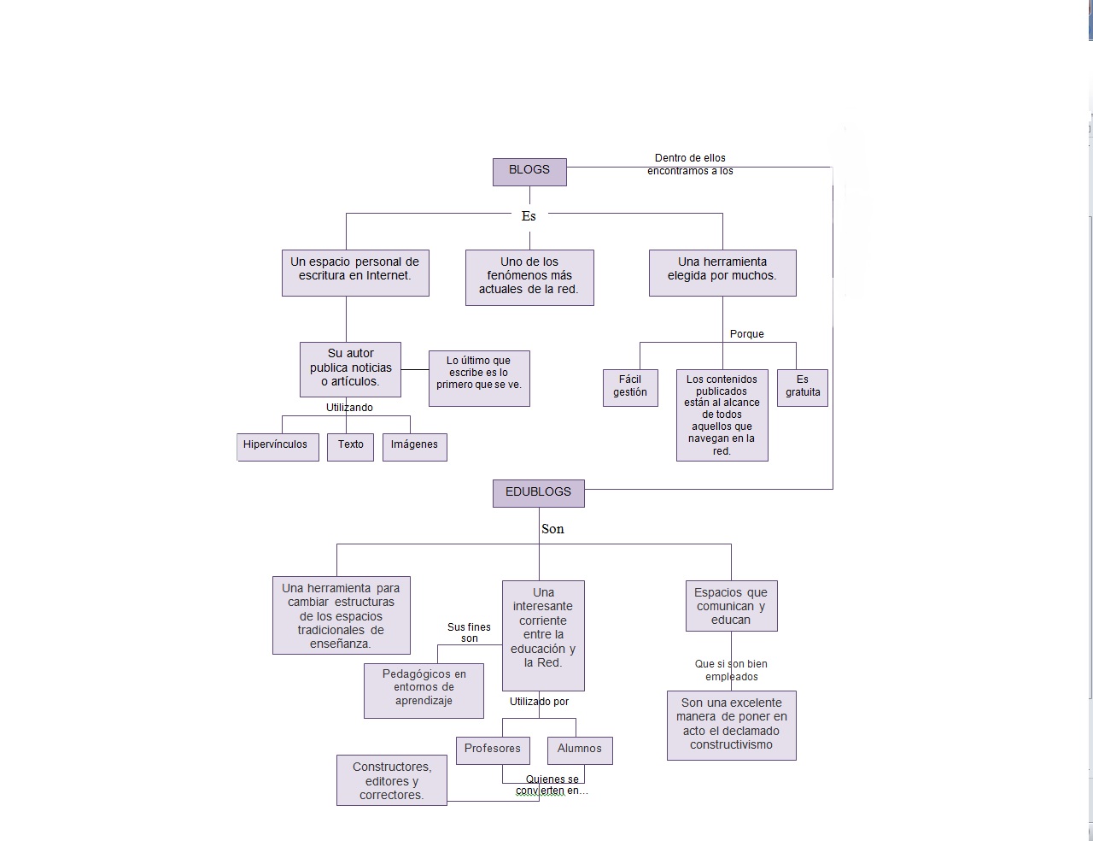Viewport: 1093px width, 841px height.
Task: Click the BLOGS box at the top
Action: [x=529, y=171]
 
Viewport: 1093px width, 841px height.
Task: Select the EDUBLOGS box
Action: [x=538, y=492]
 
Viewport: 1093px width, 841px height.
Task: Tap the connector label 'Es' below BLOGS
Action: [x=529, y=216]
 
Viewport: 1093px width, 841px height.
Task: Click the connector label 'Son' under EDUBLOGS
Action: [x=552, y=529]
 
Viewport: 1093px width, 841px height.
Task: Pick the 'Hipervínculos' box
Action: [x=277, y=445]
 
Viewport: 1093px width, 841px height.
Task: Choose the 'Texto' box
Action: [x=350, y=445]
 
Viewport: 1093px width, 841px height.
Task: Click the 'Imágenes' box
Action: [x=414, y=445]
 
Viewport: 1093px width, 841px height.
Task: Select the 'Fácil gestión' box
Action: [x=630, y=386]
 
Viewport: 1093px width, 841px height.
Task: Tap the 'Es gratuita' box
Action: [x=803, y=386]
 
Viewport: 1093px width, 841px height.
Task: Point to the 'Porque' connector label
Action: [x=747, y=334]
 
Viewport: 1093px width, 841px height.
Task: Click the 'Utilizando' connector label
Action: [x=349, y=408]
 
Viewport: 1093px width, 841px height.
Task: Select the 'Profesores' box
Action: [x=493, y=749]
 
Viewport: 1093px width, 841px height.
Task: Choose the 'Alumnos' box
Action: [x=580, y=749]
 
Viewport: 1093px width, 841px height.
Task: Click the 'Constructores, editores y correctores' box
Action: [x=392, y=780]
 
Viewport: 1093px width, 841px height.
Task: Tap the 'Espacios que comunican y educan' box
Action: [x=731, y=606]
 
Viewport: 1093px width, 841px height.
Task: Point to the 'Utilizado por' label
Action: [x=539, y=702]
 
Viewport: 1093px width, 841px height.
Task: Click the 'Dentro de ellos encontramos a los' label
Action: [x=690, y=164]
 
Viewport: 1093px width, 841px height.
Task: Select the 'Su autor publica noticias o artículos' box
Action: [x=350, y=368]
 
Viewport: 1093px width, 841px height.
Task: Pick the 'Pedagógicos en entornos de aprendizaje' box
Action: [x=424, y=688]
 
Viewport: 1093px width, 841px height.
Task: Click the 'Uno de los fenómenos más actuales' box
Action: [x=529, y=276]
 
